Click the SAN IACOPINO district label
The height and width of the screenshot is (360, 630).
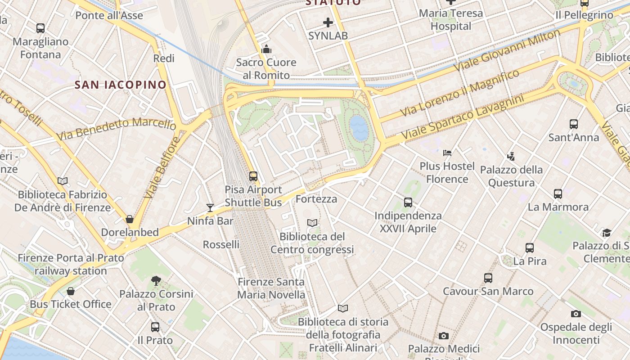pos(121,85)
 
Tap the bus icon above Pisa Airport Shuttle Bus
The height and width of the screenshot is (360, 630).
pos(253,176)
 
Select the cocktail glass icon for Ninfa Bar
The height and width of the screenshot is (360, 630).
pos(210,207)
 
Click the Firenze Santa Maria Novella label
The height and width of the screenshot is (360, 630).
pos(271,288)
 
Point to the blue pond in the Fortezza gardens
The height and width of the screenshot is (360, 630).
pos(359,128)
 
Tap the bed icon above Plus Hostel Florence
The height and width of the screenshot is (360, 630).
pos(447,153)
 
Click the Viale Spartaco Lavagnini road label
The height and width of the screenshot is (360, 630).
pos(463,117)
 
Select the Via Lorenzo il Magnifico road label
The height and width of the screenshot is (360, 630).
pos(459,93)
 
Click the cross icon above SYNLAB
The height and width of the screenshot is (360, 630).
pos(328,22)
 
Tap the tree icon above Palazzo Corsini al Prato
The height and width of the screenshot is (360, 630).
pos(156,281)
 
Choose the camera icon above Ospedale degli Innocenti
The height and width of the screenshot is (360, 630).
pos(576,314)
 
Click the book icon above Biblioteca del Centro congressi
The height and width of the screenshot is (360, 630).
pos(312,223)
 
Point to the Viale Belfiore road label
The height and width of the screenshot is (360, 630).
pos(162,168)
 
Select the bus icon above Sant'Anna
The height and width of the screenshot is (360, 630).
pos(573,124)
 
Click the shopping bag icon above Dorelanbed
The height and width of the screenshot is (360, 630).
pos(130,219)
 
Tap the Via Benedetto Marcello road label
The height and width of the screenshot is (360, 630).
pos(116,129)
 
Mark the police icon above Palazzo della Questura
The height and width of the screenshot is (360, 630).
pos(511,157)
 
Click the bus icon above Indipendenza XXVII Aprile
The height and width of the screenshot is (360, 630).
pos(408,202)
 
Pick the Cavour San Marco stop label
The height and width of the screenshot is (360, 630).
pos(488,291)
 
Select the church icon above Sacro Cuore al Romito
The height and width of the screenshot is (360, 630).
pos(266,49)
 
